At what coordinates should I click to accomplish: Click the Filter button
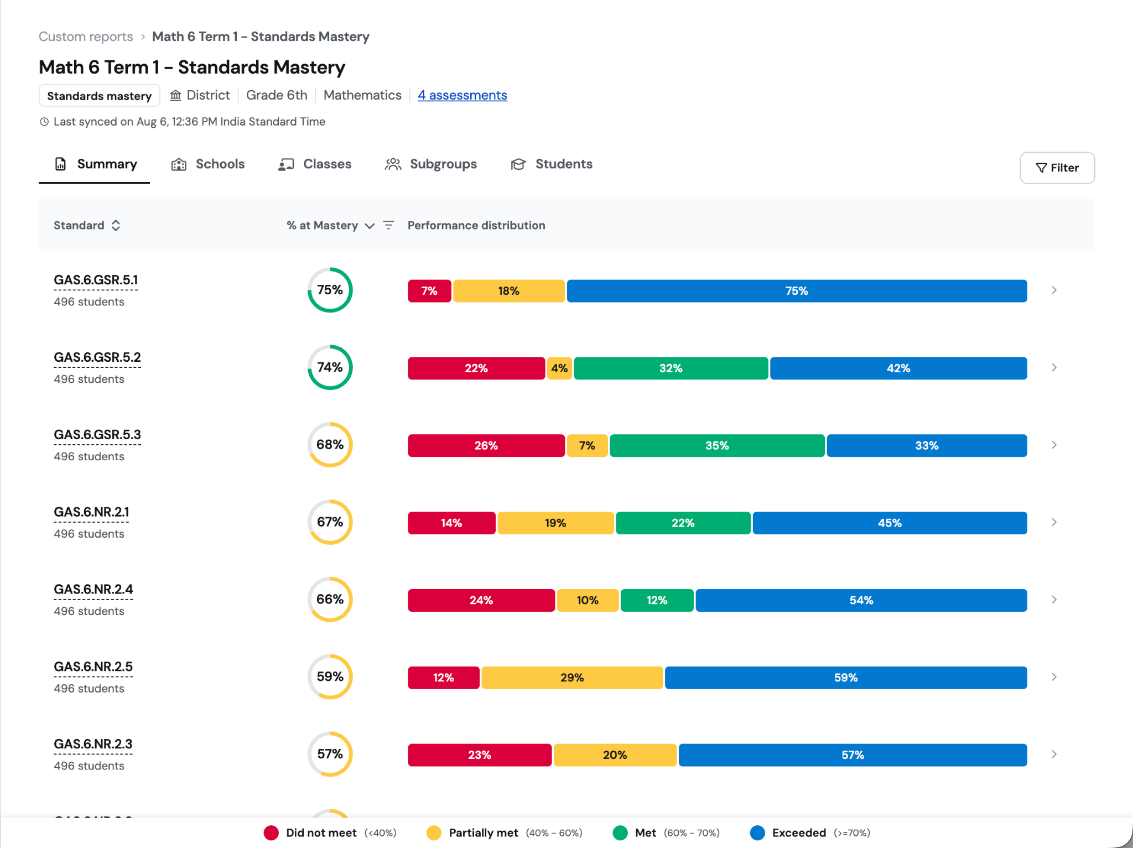click(x=1057, y=168)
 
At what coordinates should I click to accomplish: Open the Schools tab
click(x=208, y=164)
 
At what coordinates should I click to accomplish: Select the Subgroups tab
click(x=431, y=164)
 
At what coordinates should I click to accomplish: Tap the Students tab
click(x=552, y=164)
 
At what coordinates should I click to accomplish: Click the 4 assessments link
click(x=462, y=95)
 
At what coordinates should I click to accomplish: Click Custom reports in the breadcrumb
click(x=86, y=37)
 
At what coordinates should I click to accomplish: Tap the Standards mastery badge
click(x=100, y=96)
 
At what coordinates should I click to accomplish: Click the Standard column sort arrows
click(x=116, y=225)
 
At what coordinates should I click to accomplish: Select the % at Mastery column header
click(x=322, y=225)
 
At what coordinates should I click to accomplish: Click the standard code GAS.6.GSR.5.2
click(x=97, y=357)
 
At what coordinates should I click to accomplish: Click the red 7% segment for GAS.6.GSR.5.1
click(x=429, y=291)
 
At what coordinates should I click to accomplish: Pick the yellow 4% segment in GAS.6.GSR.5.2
click(x=559, y=368)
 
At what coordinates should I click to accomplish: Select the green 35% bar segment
click(x=717, y=446)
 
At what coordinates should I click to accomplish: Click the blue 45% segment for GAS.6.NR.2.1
click(x=890, y=523)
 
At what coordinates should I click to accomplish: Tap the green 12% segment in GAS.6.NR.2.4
click(x=657, y=601)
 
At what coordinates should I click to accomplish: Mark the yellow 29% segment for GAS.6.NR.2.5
click(x=572, y=678)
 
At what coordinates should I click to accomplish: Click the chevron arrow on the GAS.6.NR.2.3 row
click(x=1054, y=755)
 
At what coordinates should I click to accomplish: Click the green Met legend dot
click(x=620, y=833)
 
